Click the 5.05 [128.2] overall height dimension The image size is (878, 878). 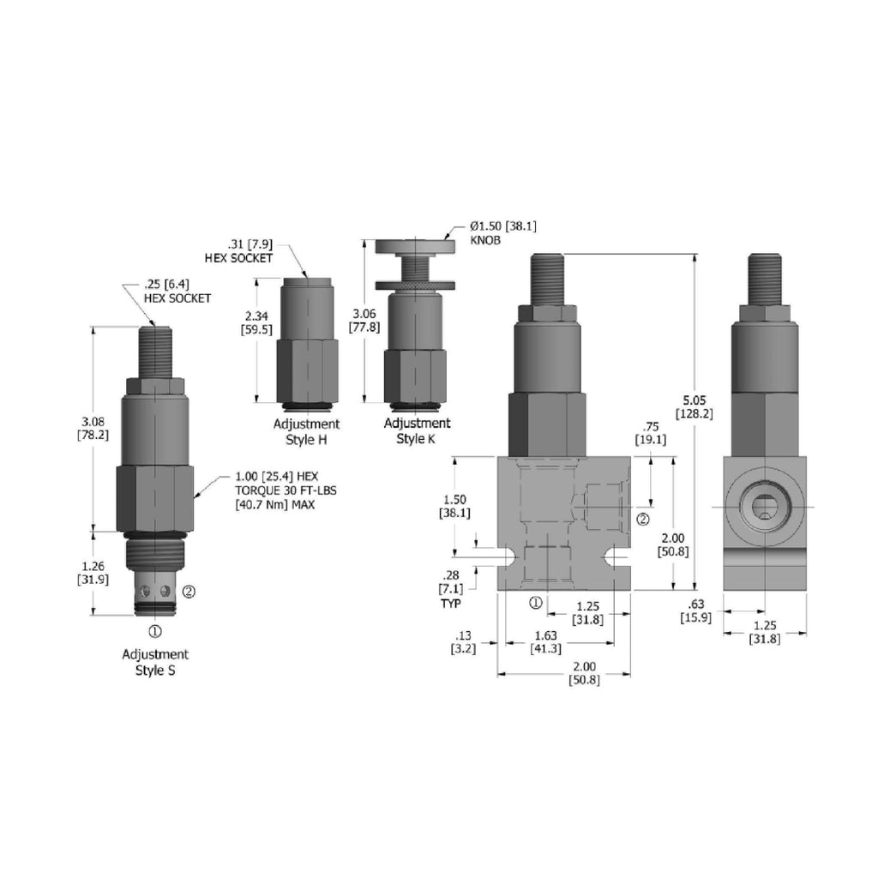tap(694, 407)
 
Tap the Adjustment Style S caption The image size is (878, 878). tap(155, 662)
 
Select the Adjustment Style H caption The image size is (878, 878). tap(306, 432)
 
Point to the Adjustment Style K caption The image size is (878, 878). tap(417, 430)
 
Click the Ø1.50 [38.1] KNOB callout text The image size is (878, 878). tap(502, 233)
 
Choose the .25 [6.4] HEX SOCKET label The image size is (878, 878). tap(177, 292)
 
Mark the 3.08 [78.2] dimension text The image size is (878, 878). tap(93, 429)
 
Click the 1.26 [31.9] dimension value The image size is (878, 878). tap(93, 573)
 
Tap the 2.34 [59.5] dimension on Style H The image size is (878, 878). tap(256, 323)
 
